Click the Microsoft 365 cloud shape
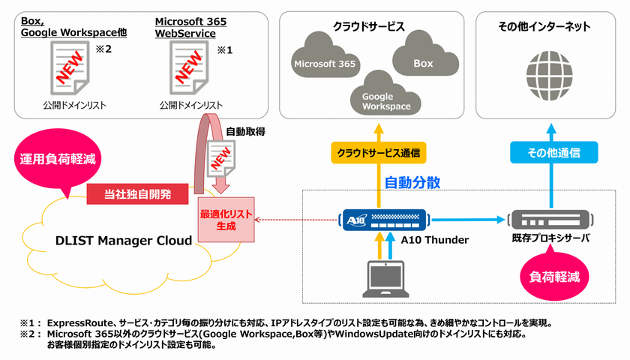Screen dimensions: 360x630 (325, 64)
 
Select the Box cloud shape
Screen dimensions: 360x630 (423, 63)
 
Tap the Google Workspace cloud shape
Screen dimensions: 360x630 (385, 100)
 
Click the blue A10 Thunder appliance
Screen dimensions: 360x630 (383, 219)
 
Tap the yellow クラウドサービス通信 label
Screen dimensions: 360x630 (378, 153)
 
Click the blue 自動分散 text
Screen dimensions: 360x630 (412, 182)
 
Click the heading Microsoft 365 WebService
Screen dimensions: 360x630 (190, 27)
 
